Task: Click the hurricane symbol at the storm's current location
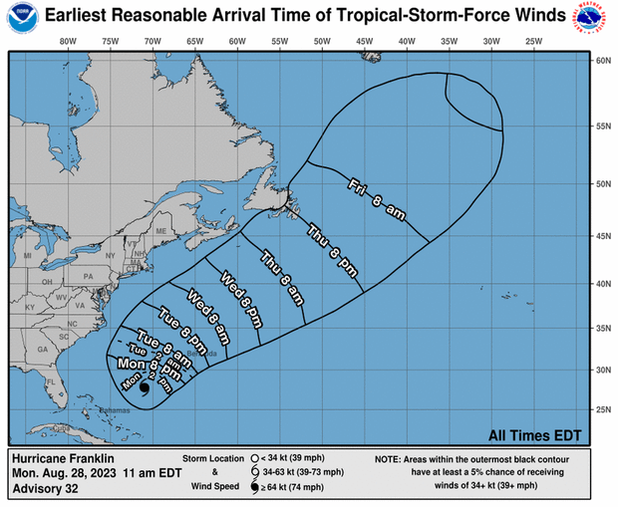[x=145, y=389]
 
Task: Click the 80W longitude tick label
[x=68, y=42]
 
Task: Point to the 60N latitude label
[x=602, y=61]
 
